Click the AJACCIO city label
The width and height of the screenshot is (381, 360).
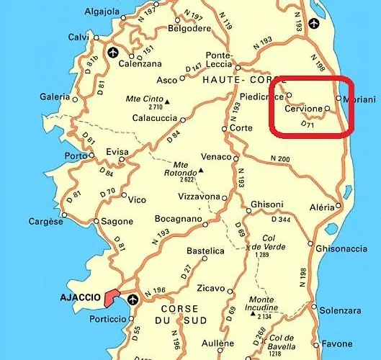click(x=78, y=296)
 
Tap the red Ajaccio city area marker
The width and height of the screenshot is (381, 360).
click(x=112, y=297)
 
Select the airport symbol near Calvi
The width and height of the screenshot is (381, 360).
click(x=112, y=52)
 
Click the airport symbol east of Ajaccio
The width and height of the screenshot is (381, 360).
click(x=133, y=299)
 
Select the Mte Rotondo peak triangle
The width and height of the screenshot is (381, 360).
click(x=201, y=171)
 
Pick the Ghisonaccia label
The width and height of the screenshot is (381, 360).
click(x=341, y=249)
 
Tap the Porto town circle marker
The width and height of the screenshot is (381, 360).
click(x=92, y=155)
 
